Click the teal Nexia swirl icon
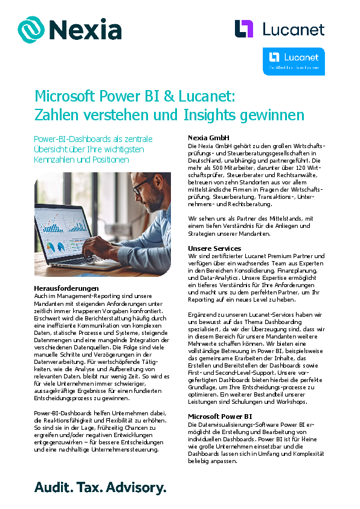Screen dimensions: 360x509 [x=31, y=29]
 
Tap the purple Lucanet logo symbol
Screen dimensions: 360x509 [x=244, y=28]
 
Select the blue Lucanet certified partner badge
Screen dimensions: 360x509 [x=294, y=61]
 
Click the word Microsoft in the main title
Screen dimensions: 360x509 [x=65, y=97]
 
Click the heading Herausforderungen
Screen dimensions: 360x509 [x=66, y=288]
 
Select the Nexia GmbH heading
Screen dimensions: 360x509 [x=208, y=138]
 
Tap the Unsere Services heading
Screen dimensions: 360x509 [x=214, y=248]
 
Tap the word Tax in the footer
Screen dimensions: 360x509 [x=91, y=487]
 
